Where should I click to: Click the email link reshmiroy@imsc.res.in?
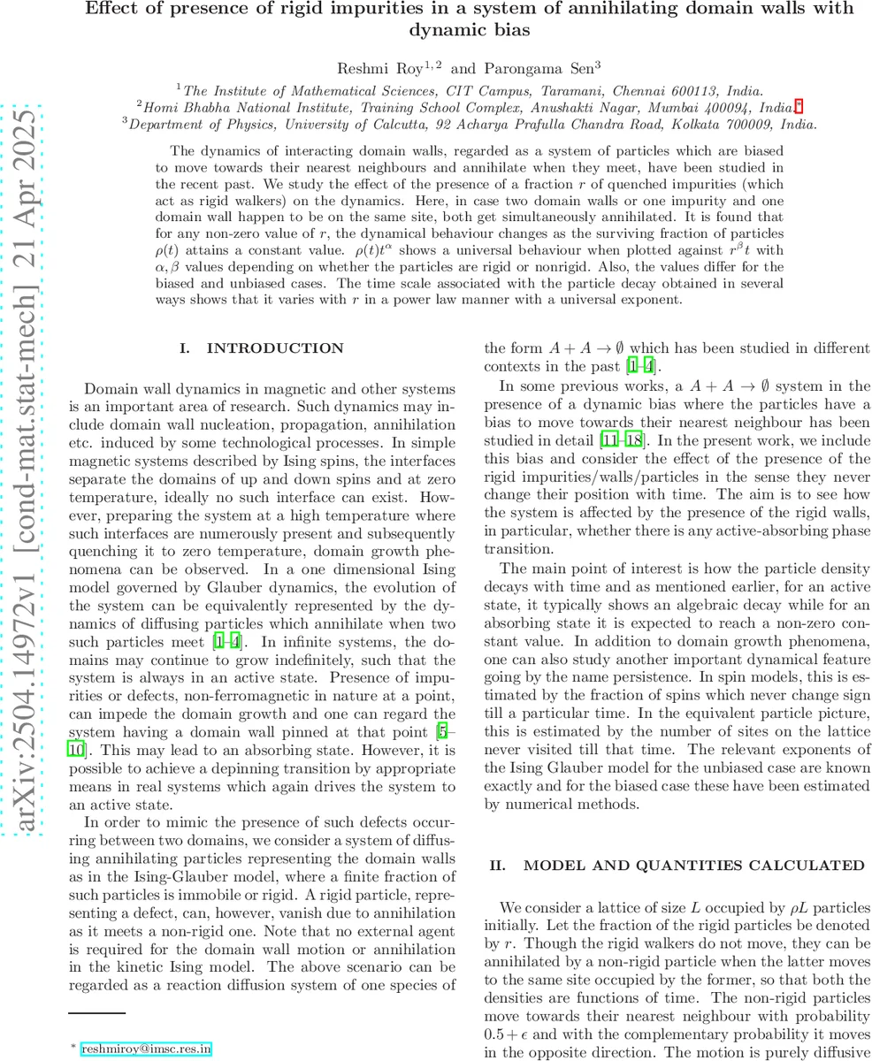(x=146, y=1050)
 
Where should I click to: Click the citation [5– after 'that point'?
(x=447, y=732)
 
